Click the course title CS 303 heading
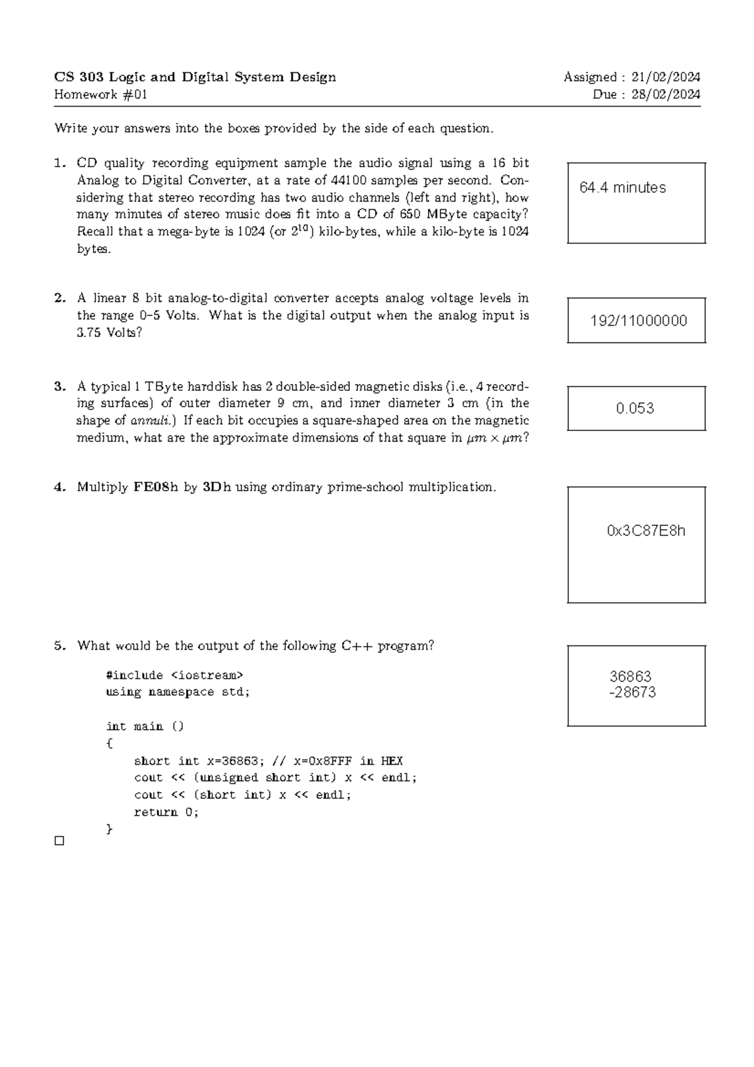tap(195, 77)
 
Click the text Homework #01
tap(101, 95)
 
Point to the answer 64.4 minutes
tap(623, 188)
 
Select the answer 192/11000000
tap(638, 321)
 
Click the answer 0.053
tap(635, 408)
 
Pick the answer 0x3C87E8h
tap(646, 531)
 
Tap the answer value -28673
tap(633, 692)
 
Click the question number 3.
tap(60, 386)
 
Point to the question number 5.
tap(60, 646)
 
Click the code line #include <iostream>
tap(174, 676)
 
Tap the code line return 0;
tap(166, 812)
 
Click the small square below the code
tap(60, 841)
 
